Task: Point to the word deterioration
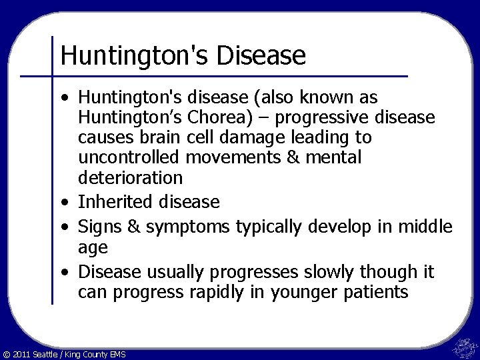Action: point(130,178)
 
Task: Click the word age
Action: point(92,248)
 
